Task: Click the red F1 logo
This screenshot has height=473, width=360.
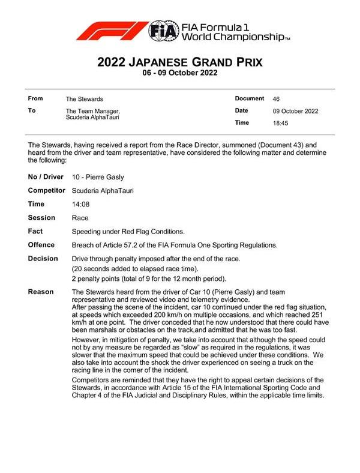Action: (x=111, y=30)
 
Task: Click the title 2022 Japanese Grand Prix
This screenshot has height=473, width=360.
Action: (x=180, y=62)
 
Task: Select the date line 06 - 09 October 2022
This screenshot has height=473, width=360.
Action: (x=180, y=73)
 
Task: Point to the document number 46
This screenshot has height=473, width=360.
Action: (x=276, y=99)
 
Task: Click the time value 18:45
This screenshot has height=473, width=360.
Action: (x=280, y=123)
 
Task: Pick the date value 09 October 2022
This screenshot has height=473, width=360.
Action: (x=295, y=111)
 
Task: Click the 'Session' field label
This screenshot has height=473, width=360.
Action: (x=41, y=218)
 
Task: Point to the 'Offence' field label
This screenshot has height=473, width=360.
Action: (x=41, y=245)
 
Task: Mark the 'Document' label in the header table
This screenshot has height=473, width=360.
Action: (x=250, y=98)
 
